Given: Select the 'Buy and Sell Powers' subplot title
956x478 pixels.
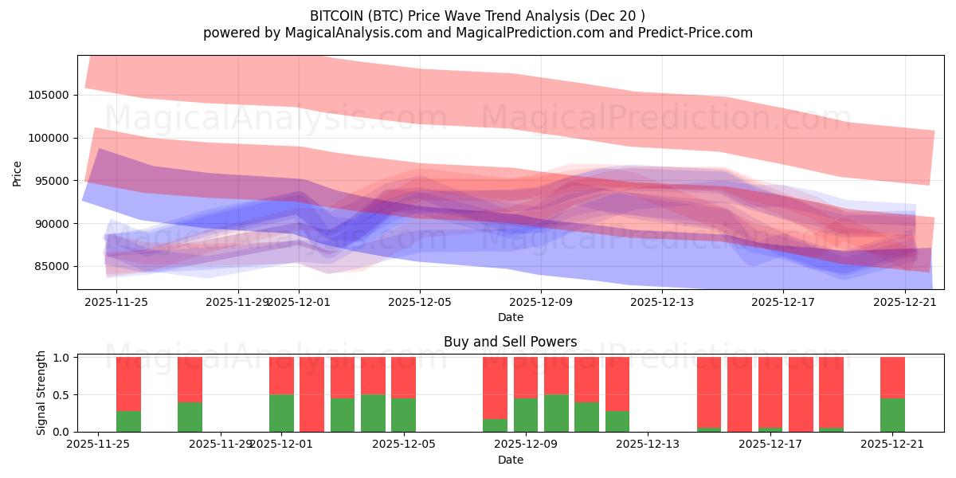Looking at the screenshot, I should pyautogui.click(x=510, y=342).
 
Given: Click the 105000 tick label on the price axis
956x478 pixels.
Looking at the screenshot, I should pyautogui.click(x=49, y=95).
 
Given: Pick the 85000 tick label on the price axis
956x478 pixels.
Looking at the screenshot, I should pyautogui.click(x=53, y=266).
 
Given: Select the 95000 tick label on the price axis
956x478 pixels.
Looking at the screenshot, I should pyautogui.click(x=53, y=181).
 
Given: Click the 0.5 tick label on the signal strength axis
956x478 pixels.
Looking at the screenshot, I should pyautogui.click(x=61, y=395).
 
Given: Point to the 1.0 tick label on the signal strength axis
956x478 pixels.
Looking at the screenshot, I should pyautogui.click(x=61, y=358).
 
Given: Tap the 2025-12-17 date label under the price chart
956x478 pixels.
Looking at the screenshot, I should pyautogui.click(x=783, y=302).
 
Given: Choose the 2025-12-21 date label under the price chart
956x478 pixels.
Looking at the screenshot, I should pyautogui.click(x=905, y=302).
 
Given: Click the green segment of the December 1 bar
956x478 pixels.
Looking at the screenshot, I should pyautogui.click(x=281, y=413).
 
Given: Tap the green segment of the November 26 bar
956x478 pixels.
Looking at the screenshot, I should pyautogui.click(x=128, y=421).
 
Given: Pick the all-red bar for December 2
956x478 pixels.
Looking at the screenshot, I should pyautogui.click(x=312, y=394).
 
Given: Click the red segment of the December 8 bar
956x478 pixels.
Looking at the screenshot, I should pyautogui.click(x=496, y=387).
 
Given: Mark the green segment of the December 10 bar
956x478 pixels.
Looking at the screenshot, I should pyautogui.click(x=556, y=413).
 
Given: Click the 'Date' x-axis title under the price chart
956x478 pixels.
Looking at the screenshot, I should pyautogui.click(x=510, y=317).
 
